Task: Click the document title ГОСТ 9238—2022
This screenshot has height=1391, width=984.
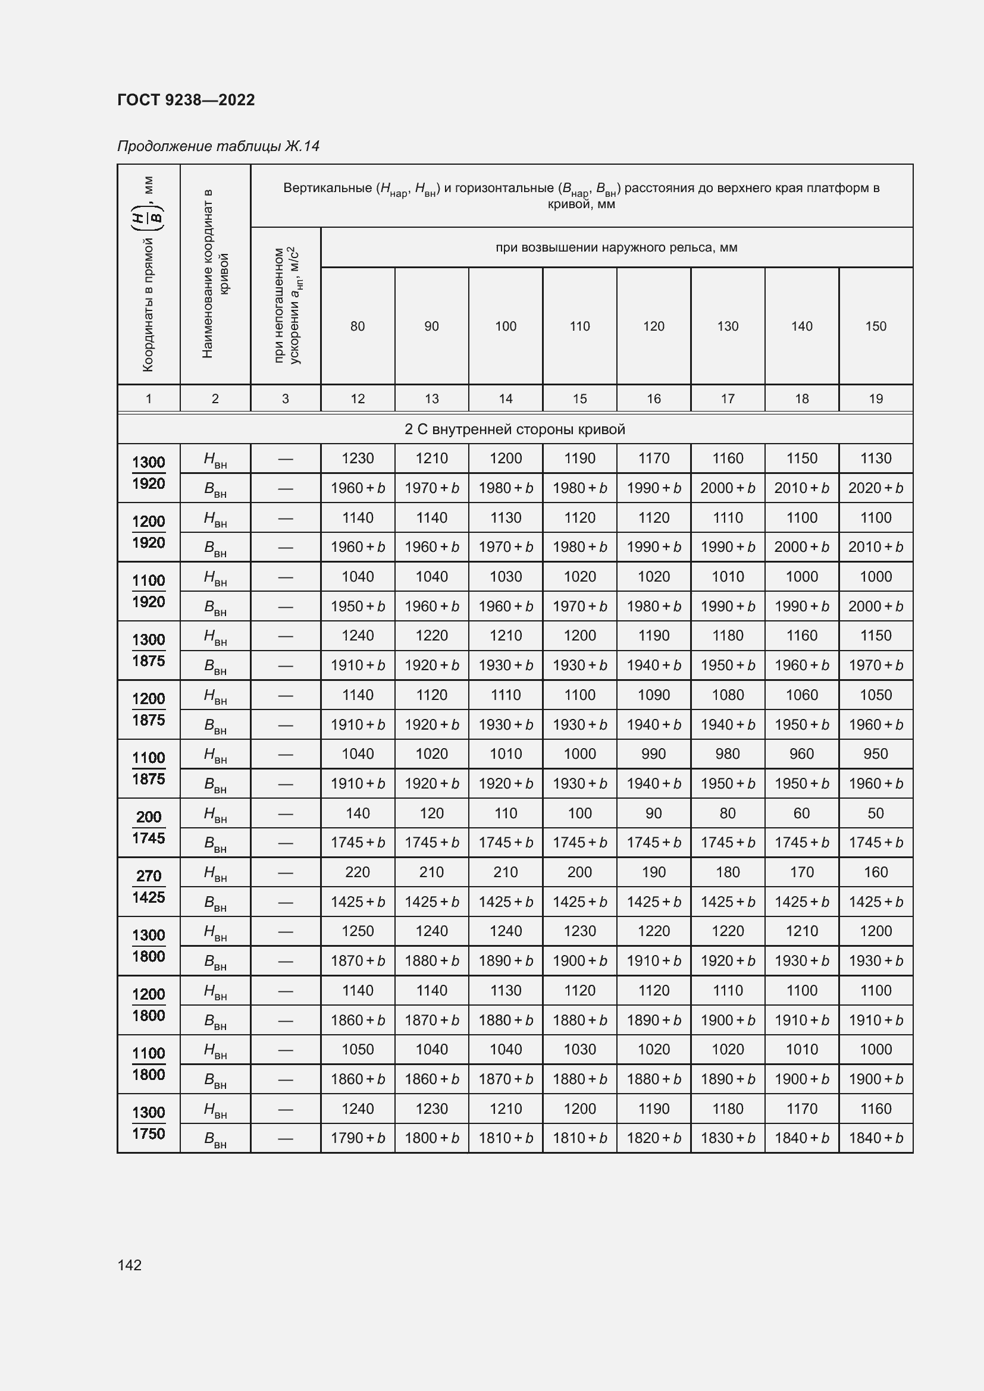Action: coord(186,100)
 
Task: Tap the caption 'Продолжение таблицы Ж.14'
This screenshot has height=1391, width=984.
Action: coord(218,146)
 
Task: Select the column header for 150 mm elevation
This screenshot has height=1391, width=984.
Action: coord(876,326)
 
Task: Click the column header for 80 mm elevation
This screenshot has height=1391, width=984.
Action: coord(358,326)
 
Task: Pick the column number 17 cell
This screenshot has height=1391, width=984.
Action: coord(728,398)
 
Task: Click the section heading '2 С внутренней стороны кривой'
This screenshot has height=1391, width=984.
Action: coord(515,429)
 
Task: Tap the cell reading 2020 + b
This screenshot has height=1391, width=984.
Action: coord(876,488)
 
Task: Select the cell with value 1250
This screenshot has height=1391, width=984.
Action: coord(358,931)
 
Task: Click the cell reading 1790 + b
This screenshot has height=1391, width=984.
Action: coord(358,1138)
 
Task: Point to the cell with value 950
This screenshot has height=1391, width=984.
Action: coord(876,753)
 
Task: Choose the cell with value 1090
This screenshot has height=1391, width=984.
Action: coord(654,695)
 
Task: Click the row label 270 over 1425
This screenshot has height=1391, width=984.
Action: coord(149,886)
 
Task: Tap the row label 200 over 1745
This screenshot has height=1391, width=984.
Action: coord(149,828)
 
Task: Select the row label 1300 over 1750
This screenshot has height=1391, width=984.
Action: coord(149,1123)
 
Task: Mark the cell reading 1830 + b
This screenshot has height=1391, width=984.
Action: coord(728,1138)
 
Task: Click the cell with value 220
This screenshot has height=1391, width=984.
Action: coord(358,872)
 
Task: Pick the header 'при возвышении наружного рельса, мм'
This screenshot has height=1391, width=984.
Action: coord(616,247)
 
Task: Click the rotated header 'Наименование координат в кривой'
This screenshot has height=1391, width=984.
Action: coord(215,274)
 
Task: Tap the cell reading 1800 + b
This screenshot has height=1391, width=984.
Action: coord(431,1138)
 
